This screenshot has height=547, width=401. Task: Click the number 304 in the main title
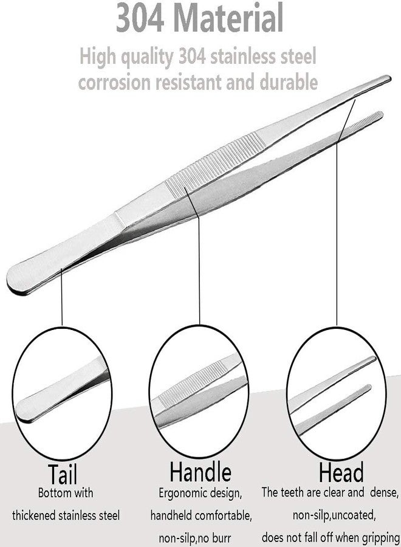[140, 17]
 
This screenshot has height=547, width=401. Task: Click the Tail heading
[62, 475]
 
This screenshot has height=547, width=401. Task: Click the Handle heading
[200, 471]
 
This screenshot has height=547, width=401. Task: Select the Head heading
[341, 472]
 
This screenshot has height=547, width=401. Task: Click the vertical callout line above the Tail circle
[61, 297]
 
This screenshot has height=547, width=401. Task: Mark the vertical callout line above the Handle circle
[199, 270]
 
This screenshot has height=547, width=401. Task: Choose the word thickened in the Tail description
[34, 515]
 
